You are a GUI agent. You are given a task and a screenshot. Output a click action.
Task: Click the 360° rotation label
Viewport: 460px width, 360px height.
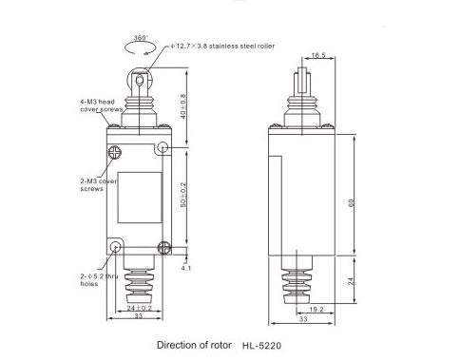pyautogui.click(x=141, y=38)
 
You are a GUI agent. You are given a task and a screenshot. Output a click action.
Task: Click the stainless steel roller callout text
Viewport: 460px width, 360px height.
pyautogui.click(x=222, y=46)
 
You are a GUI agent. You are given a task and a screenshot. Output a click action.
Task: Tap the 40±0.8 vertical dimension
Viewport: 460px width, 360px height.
pyautogui.click(x=183, y=106)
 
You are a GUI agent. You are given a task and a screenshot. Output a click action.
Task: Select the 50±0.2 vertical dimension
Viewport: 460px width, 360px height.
pyautogui.click(x=183, y=195)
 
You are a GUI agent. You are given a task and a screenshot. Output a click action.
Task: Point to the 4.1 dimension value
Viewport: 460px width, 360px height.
pyautogui.click(x=186, y=268)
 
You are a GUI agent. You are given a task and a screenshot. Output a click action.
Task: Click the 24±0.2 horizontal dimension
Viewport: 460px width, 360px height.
pyautogui.click(x=140, y=308)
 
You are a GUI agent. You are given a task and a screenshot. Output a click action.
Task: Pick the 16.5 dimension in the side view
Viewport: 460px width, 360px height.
pyautogui.click(x=318, y=55)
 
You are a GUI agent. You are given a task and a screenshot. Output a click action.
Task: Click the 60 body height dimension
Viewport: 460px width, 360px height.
pyautogui.click(x=351, y=203)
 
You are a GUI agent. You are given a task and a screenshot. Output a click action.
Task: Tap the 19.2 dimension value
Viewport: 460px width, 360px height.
pyautogui.click(x=316, y=310)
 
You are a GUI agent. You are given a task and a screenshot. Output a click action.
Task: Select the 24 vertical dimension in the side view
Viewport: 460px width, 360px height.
pyautogui.click(x=351, y=281)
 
